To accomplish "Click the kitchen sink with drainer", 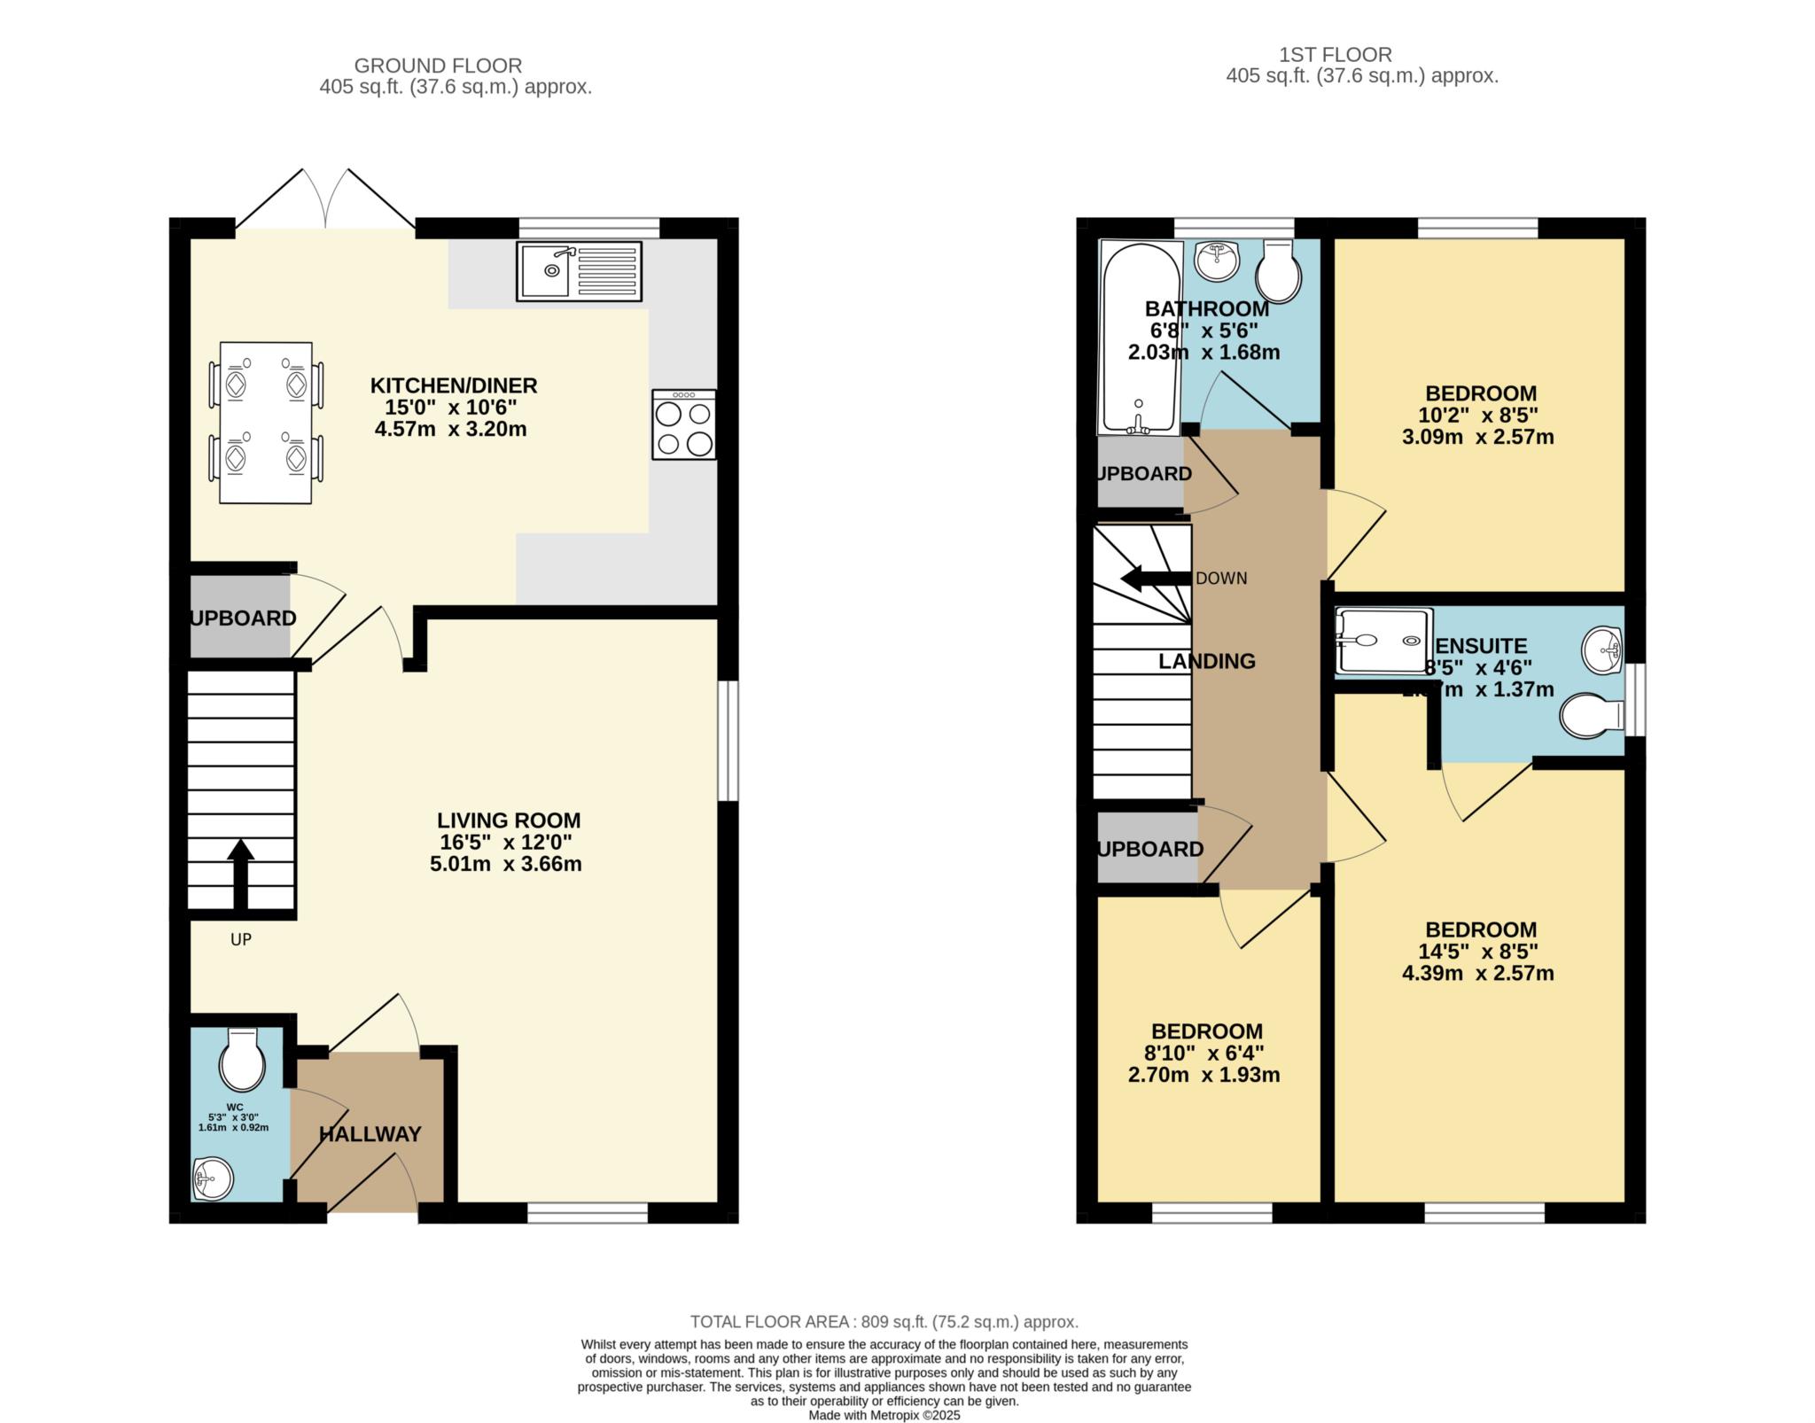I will (x=579, y=271).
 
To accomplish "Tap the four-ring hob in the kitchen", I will (x=683, y=424).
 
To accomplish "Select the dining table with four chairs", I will (x=266, y=423).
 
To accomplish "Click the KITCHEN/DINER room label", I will (x=453, y=385).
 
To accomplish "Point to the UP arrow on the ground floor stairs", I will (x=241, y=873).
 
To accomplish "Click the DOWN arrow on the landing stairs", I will (x=1156, y=579).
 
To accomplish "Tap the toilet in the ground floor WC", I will (x=242, y=1061).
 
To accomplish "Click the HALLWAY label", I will (x=370, y=1134).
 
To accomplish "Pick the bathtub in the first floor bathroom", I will (x=1139, y=338).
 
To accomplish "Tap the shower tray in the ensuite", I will (x=1383, y=640).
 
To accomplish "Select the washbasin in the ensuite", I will (x=1602, y=651).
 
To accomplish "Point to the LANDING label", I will (x=1207, y=661).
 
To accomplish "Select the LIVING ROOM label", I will (x=509, y=820).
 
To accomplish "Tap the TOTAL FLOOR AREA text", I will (x=884, y=1322).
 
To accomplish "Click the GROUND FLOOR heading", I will (x=438, y=66).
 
